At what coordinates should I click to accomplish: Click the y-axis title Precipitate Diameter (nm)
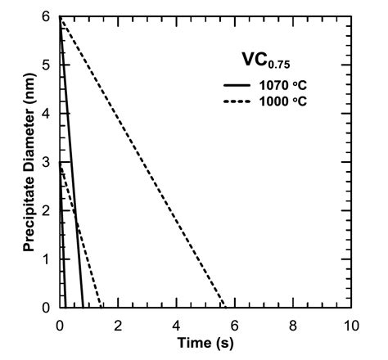click(x=29, y=161)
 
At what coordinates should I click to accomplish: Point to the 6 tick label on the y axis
click(x=48, y=17)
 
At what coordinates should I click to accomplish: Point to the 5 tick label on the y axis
click(x=48, y=65)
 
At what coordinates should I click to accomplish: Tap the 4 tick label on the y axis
click(x=48, y=114)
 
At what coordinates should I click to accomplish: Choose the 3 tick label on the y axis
click(x=48, y=162)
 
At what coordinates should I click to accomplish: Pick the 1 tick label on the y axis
click(x=48, y=259)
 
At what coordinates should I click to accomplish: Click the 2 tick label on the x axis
click(x=118, y=322)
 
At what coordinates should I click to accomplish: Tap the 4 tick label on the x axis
click(x=176, y=322)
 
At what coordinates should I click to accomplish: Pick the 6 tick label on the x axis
click(x=235, y=322)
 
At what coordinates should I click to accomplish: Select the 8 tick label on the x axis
click(x=293, y=322)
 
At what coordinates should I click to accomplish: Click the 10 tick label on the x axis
click(x=351, y=322)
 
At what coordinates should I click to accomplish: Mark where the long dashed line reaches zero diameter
click(x=223, y=307)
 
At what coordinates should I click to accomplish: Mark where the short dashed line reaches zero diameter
click(x=101, y=307)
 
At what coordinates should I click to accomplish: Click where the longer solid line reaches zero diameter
click(x=83, y=307)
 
